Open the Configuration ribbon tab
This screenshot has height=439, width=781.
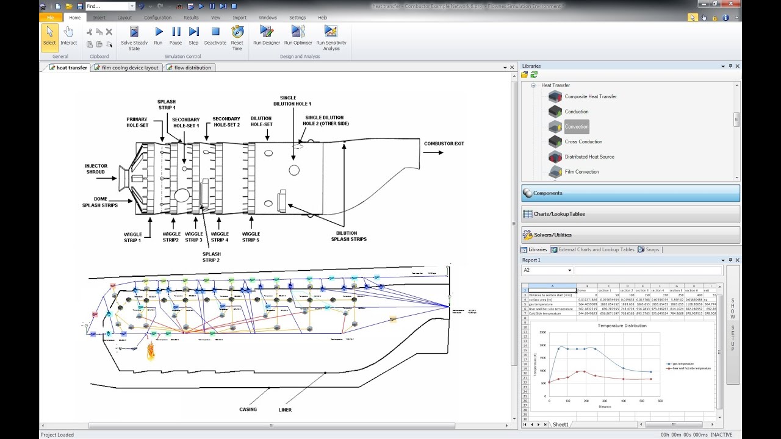tap(157, 18)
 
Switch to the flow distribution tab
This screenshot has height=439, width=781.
tap(192, 68)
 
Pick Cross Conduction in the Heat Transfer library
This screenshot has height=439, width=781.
tap(583, 142)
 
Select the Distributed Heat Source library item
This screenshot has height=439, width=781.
tap(589, 157)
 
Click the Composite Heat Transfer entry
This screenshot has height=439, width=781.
tap(590, 97)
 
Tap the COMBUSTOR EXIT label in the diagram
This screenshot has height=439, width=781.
tap(444, 144)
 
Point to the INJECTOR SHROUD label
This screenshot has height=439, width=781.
tap(96, 169)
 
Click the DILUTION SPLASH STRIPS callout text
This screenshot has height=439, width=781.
tap(349, 236)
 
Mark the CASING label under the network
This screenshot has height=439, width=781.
tap(248, 410)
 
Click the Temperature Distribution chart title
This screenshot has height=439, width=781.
tap(622, 326)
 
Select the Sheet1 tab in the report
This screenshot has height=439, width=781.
tap(560, 424)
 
